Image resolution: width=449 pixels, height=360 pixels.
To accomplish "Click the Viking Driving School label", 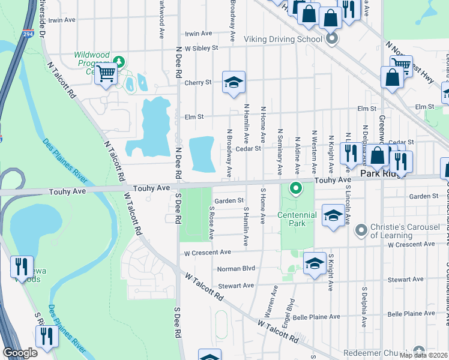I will click(283, 40).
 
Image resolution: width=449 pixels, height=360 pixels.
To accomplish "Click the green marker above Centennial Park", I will click(295, 188).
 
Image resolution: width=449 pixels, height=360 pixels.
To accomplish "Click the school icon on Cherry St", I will click(234, 82).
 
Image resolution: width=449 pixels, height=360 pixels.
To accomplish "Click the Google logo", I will click(20, 353).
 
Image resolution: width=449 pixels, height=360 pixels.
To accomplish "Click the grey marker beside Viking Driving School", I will click(332, 40).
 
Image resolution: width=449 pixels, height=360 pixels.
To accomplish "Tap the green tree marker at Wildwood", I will click(119, 61).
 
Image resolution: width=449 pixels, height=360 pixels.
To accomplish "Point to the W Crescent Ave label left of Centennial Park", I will click(207, 253).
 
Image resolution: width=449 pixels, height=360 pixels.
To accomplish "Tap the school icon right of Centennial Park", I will click(333, 215).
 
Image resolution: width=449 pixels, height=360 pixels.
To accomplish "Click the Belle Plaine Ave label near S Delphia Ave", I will click(411, 314).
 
